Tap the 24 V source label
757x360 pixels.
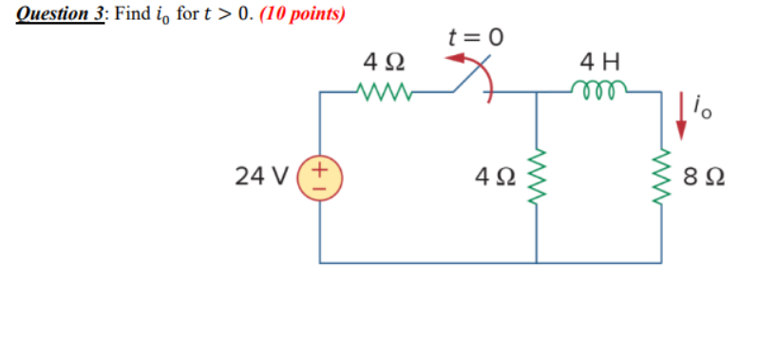263,176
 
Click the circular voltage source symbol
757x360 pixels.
320,177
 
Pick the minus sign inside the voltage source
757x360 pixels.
320,186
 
